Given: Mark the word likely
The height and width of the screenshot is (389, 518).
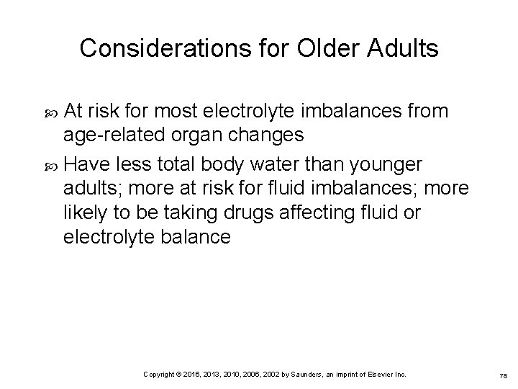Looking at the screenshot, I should click(x=86, y=214).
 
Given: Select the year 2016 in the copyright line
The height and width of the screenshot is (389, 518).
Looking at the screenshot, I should click(x=191, y=375).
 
